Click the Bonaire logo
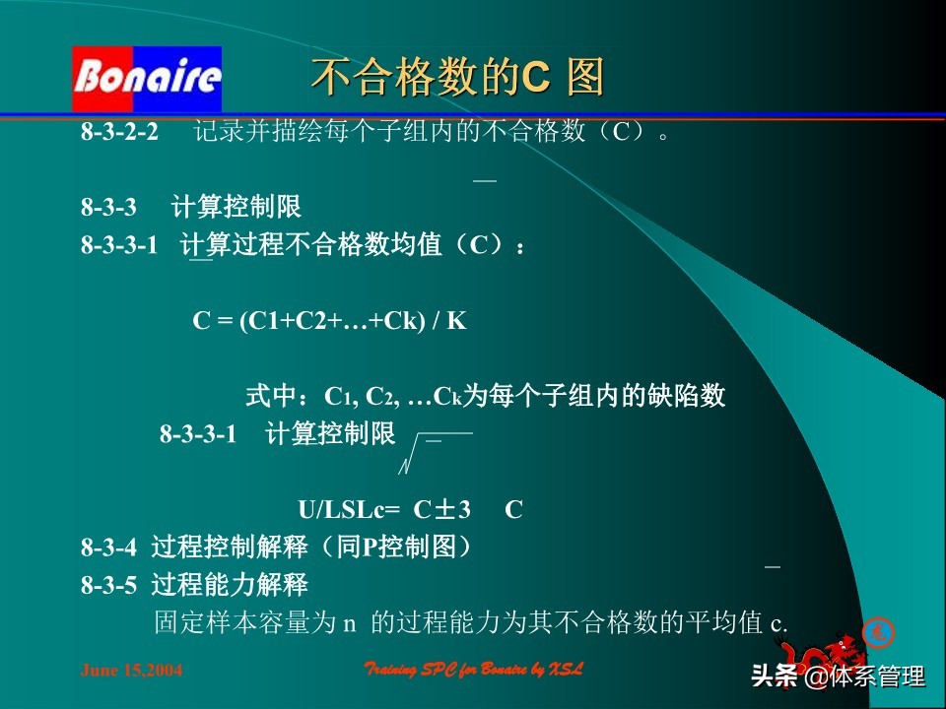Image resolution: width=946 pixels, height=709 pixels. (x=146, y=79)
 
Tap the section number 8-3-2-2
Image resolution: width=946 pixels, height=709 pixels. (x=119, y=132)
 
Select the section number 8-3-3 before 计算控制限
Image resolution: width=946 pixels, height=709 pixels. (x=108, y=208)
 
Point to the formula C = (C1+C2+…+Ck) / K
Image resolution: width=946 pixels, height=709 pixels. (x=328, y=321)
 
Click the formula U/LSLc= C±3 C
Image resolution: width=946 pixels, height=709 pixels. (x=410, y=510)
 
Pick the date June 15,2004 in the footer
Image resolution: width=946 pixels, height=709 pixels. (x=131, y=671)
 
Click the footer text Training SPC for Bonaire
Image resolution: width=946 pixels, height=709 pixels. (x=474, y=670)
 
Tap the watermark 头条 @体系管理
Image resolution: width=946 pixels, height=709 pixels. (x=839, y=677)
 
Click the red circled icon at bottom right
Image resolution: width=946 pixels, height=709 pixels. (x=873, y=630)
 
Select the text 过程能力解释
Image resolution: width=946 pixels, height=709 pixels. (x=230, y=585)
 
